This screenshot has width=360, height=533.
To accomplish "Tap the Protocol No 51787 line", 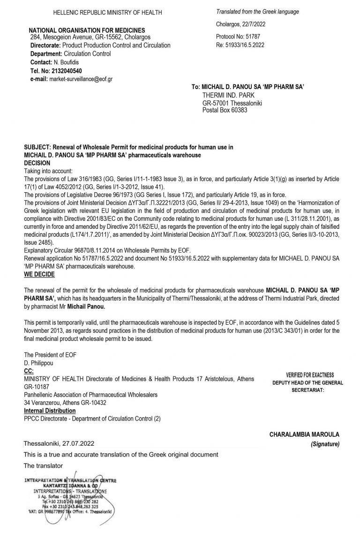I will click(x=238, y=36).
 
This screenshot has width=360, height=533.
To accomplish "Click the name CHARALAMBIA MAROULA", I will click(x=304, y=435).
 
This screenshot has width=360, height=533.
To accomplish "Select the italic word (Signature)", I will click(x=325, y=443).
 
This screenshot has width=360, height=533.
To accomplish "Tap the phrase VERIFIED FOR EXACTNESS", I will click(x=310, y=375).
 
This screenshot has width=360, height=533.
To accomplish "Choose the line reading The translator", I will click(x=43, y=465).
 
